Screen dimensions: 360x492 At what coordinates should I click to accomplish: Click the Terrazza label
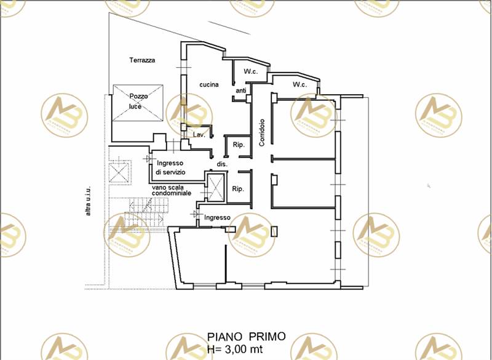141,60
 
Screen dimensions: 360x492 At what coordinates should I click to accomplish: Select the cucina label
208,85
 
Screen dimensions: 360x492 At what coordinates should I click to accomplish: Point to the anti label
240,91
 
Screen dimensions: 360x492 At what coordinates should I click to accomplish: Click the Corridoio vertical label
262,132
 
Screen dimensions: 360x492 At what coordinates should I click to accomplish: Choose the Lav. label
199,134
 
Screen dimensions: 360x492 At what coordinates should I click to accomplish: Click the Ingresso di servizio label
170,168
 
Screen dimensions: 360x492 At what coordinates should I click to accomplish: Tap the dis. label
222,164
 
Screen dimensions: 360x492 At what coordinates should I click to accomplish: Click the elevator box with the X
217,187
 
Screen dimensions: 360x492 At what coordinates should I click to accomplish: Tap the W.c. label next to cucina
250,72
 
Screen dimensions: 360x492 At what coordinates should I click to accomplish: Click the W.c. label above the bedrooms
300,84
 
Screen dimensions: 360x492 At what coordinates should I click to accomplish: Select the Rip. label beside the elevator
239,189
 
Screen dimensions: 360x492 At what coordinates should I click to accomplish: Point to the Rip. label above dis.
239,145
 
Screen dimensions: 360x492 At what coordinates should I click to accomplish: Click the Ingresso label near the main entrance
217,217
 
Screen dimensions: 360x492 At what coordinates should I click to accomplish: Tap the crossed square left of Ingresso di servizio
120,171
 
